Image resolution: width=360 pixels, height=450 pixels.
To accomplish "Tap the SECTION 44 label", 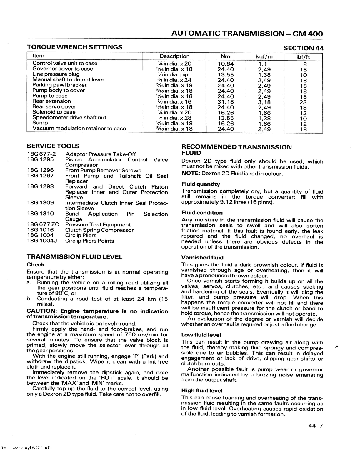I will coord(303,48).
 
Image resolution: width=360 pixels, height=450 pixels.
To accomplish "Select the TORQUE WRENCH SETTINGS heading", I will coord(74,47).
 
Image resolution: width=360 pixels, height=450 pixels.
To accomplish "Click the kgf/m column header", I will coord(264,56).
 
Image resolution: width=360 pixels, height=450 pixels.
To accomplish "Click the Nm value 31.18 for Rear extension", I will coord(226,102).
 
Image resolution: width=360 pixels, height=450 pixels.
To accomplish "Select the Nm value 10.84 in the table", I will coord(226,64).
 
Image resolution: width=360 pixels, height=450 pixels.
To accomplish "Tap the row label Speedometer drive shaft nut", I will coord(69,117).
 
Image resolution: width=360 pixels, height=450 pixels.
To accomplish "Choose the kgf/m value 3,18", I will coord(264,102).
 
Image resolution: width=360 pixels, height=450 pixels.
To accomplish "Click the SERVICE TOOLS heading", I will coord(53,146).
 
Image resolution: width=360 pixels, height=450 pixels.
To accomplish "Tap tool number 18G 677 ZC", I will coord(43,225).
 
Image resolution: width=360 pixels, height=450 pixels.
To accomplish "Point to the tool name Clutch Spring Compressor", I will coord(99,230).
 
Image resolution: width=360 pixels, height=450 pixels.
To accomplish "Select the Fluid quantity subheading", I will coord(201,184).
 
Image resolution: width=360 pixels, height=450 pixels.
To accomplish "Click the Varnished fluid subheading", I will coord(202,258).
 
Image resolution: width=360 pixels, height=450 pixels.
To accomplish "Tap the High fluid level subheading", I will coord(202,391).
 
